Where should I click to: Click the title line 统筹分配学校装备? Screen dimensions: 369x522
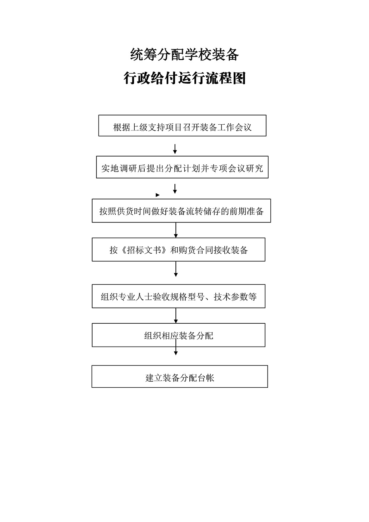[x=184, y=55]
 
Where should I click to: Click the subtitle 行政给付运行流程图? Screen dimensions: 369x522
[x=184, y=78]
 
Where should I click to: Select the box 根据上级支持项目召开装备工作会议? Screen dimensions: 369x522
[x=182, y=125]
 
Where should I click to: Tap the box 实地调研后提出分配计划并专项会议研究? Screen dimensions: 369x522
[x=182, y=167]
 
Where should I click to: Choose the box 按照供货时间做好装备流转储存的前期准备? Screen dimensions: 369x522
[x=181, y=211]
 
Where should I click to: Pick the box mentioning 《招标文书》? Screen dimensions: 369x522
[x=179, y=249]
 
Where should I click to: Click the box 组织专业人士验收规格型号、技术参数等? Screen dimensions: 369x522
[x=179, y=296]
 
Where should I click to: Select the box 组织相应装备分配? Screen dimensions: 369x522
[x=179, y=335]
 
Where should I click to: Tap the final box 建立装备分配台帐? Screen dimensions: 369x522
[x=180, y=376]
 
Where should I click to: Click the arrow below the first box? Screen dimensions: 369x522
[x=175, y=149]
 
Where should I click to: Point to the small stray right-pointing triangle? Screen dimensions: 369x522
[x=158, y=195]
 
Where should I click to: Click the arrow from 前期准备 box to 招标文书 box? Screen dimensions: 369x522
[x=176, y=230]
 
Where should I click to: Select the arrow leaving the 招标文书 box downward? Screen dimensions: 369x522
[x=176, y=269]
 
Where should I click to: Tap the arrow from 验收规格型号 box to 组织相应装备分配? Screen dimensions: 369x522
[x=176, y=315]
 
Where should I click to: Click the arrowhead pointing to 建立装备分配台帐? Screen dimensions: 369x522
[x=176, y=353]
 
